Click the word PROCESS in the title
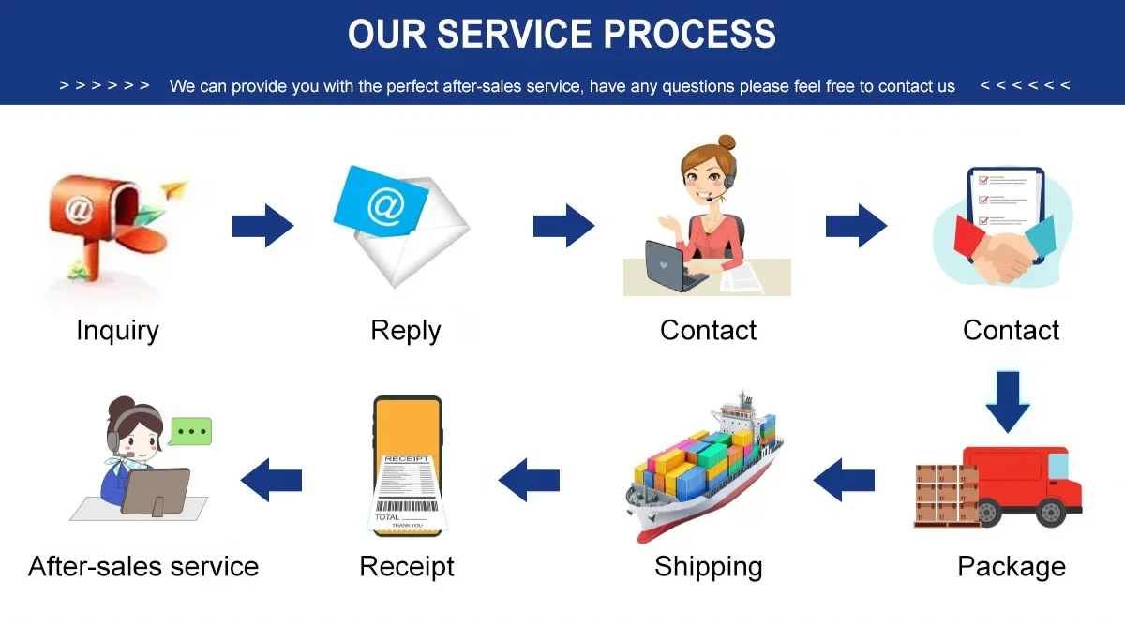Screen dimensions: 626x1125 689,34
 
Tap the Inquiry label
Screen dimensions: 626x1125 117,330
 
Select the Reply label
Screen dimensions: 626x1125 405,330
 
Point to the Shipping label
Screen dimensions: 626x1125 708,566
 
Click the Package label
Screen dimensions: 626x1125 1011,566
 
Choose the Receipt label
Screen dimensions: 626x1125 406,566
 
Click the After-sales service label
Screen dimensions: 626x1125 143,566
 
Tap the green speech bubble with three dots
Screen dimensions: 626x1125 191,432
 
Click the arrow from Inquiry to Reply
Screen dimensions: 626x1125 262,226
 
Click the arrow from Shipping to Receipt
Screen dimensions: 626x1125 529,481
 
